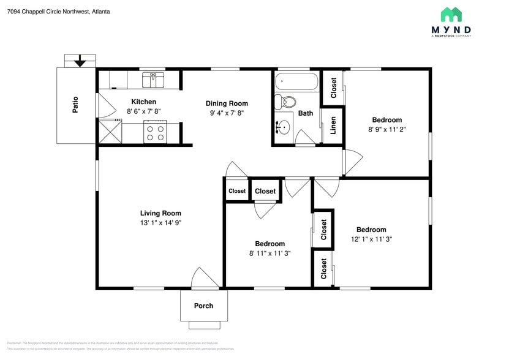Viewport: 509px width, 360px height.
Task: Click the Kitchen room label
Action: pyautogui.click(x=143, y=102)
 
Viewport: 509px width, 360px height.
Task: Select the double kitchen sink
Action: pyautogui.click(x=153, y=80)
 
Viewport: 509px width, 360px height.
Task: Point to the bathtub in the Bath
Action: pyautogui.click(x=296, y=82)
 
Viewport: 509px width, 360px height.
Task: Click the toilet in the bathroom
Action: pyautogui.click(x=285, y=101)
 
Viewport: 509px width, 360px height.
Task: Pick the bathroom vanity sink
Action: pyautogui.click(x=284, y=127)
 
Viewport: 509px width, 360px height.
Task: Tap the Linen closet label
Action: pyautogui.click(x=333, y=126)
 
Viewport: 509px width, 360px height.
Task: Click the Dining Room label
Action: pyautogui.click(x=227, y=103)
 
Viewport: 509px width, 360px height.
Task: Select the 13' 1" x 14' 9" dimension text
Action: pyautogui.click(x=160, y=223)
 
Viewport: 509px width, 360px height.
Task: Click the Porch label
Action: pyautogui.click(x=204, y=306)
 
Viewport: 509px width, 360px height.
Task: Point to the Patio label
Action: pyautogui.click(x=75, y=106)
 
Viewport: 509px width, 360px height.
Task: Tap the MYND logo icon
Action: pyautogui.click(x=451, y=15)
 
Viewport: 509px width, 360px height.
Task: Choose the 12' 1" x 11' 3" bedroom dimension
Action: pyautogui.click(x=371, y=239)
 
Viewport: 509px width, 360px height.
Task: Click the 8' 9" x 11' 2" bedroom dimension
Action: pyautogui.click(x=387, y=130)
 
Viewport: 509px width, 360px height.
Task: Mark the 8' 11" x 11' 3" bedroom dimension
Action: pyautogui.click(x=270, y=253)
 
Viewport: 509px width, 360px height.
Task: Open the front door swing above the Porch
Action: pyautogui.click(x=204, y=279)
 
